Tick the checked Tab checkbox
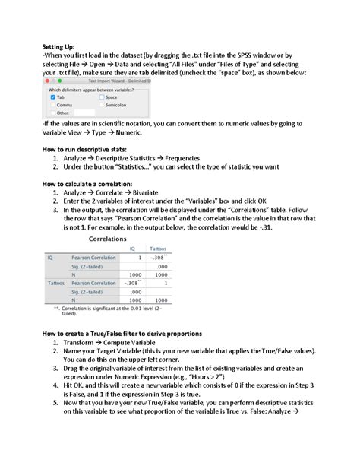[52, 97]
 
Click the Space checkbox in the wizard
[102, 97]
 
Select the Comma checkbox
[52, 105]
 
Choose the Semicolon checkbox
[102, 105]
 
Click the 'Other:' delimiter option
[52, 113]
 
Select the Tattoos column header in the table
[158, 249]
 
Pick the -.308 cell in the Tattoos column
[157, 258]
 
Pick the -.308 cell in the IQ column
[131, 283]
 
